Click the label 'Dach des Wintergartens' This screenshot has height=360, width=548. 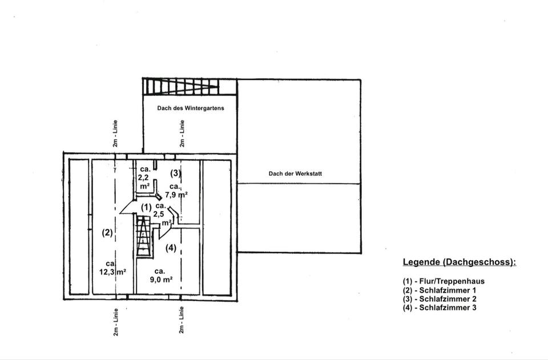point(191,108)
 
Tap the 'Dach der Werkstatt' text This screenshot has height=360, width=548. point(295,173)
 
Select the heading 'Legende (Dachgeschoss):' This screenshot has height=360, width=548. point(459,262)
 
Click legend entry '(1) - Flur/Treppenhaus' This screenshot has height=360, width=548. point(443,281)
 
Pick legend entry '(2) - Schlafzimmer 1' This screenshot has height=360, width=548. point(440,290)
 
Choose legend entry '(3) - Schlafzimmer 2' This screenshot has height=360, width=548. point(440,298)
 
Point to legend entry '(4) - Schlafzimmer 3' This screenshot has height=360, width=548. point(440,308)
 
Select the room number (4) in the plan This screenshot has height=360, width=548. point(171,248)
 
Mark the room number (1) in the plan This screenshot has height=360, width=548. point(146,207)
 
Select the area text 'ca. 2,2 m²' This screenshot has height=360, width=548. point(145,177)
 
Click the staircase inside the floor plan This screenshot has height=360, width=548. point(144,237)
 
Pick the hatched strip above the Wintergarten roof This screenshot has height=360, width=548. point(180,87)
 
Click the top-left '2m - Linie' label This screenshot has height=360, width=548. point(115,134)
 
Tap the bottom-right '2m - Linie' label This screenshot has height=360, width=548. point(181,320)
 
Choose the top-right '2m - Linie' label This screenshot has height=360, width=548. point(182,134)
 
